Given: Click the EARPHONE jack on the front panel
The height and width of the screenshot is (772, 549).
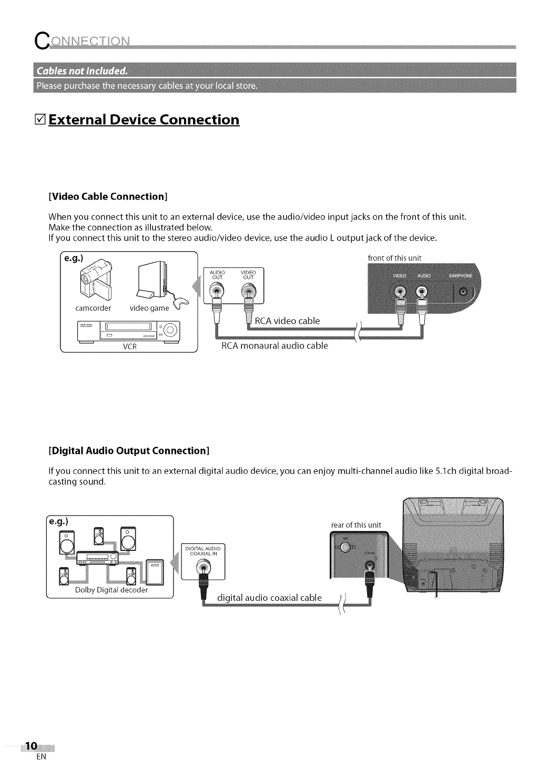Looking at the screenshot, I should click(463, 291).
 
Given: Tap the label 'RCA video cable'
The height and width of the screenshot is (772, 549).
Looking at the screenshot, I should click(287, 321).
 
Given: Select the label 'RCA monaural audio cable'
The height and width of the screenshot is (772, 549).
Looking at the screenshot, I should click(274, 346).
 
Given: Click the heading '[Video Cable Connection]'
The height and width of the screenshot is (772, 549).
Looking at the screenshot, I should click(108, 196).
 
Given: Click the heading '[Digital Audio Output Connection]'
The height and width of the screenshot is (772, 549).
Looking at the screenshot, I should click(129, 451).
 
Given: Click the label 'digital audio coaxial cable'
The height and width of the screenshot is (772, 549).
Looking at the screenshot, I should click(270, 597).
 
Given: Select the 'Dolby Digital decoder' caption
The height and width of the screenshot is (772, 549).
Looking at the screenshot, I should click(111, 590).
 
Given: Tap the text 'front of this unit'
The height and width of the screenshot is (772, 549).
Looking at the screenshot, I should click(395, 258).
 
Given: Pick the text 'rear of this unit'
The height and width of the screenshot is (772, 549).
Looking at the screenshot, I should click(356, 524).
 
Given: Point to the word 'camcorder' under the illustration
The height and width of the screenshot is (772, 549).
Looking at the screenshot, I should click(93, 308).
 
